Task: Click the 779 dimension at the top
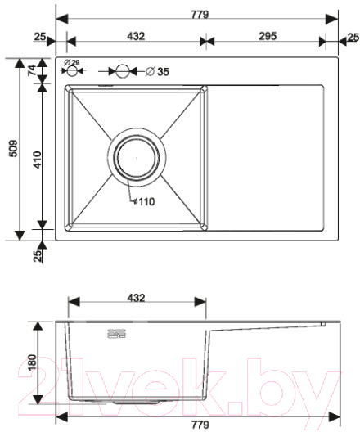[200, 14]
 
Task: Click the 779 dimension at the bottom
[200, 425]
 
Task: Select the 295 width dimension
[268, 36]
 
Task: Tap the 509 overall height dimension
[13, 149]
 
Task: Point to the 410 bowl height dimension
[37, 160]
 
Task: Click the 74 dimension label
[33, 70]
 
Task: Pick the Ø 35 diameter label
[157, 72]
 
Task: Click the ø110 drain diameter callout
[144, 201]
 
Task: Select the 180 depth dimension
[32, 362]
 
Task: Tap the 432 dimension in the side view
[136, 298]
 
